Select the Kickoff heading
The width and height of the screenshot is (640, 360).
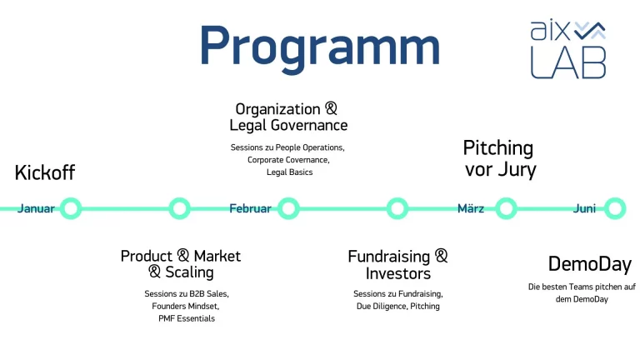(45, 172)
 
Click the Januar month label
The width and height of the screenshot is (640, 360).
(36, 208)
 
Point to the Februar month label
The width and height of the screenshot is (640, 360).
(250, 208)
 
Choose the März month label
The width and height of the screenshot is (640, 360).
(471, 208)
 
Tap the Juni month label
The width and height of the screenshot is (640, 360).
(584, 208)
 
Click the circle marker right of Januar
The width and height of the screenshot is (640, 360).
(71, 208)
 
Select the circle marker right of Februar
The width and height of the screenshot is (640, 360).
(288, 208)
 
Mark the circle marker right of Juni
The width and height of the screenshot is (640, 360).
(614, 208)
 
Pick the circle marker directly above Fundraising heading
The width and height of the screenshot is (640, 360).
(397, 208)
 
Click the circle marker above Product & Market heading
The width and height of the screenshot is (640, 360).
(179, 208)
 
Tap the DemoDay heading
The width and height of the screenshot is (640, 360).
(589, 264)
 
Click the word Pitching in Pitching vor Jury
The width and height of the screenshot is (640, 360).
(497, 148)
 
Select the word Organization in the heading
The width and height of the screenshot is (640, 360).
(277, 109)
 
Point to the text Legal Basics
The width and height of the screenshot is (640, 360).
(287, 172)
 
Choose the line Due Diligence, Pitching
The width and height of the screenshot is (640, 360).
(397, 306)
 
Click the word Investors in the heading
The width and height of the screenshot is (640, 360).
(397, 273)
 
